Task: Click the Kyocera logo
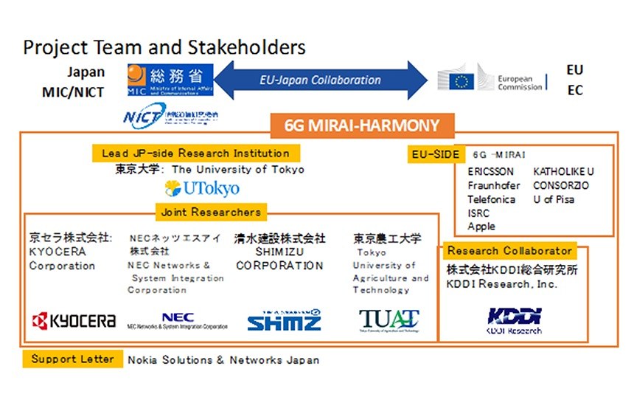73,320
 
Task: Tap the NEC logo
177,320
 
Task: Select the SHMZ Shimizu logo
285,320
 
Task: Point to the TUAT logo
389,320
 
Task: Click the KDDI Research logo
514,319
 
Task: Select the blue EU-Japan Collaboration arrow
321,80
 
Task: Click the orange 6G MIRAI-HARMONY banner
361,125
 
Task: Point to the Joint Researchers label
210,213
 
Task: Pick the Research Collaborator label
509,251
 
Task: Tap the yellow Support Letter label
72,359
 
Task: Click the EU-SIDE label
434,154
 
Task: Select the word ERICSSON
490,172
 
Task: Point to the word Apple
481,227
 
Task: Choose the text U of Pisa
554,199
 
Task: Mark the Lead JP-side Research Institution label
196,153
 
